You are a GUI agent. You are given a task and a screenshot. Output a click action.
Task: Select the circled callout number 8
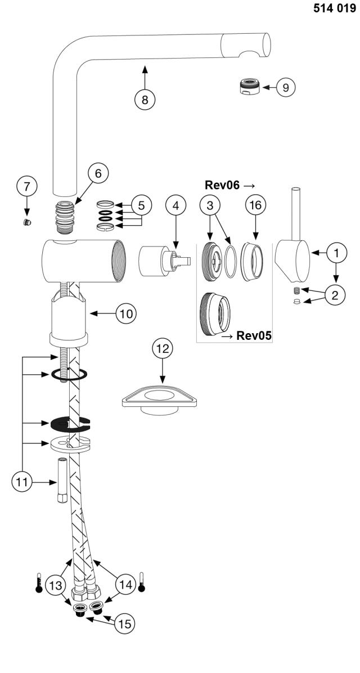pyautogui.click(x=145, y=99)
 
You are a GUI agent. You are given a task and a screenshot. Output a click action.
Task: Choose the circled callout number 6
pyautogui.click(x=98, y=174)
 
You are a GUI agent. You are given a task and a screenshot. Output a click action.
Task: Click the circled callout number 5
pyautogui.click(x=142, y=205)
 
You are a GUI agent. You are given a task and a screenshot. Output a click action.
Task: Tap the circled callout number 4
pyautogui.click(x=176, y=205)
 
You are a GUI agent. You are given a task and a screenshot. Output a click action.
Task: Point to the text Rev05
pyautogui.click(x=254, y=336)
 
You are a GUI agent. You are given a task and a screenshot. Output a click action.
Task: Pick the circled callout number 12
pyautogui.click(x=163, y=349)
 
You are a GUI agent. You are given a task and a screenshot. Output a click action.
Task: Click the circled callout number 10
pyautogui.click(x=127, y=313)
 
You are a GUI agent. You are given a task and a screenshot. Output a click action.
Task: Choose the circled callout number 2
pyautogui.click(x=335, y=295)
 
